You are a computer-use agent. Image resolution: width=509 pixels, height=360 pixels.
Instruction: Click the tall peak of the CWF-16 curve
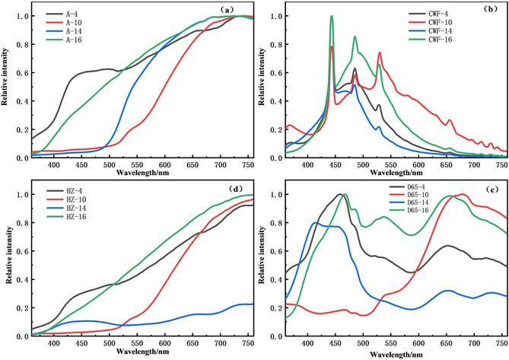(332, 17)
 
